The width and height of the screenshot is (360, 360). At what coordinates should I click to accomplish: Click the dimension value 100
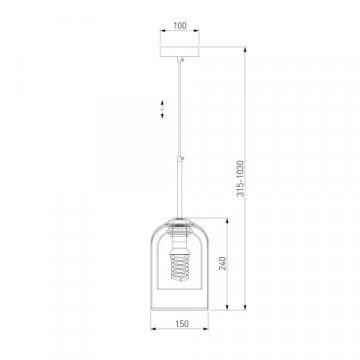tap(180, 26)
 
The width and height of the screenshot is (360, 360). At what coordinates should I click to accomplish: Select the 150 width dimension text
tap(182, 323)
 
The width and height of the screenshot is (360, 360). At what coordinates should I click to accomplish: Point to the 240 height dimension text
tap(222, 263)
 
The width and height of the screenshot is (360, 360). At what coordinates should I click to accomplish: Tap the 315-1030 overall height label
tap(240, 178)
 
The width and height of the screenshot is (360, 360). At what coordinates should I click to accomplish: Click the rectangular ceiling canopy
tap(180, 51)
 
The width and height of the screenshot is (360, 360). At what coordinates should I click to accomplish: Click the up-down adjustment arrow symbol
tap(162, 109)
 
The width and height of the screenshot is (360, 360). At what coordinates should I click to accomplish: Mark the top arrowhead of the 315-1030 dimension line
tap(245, 50)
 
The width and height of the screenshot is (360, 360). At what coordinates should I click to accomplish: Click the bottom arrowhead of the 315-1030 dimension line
tap(245, 307)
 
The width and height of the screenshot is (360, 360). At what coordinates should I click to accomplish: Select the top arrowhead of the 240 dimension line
tap(228, 221)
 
